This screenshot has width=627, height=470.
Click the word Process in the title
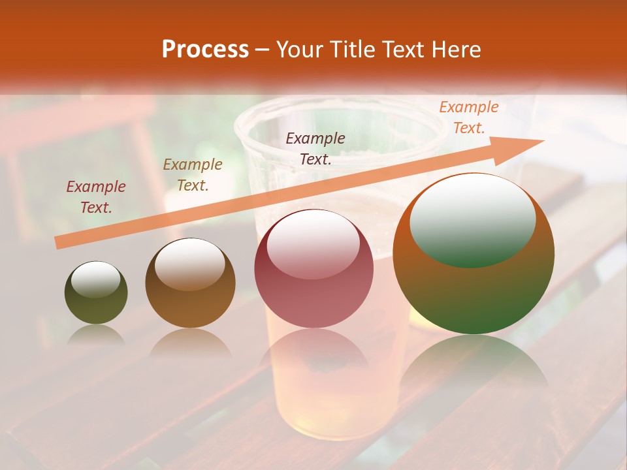point(205,50)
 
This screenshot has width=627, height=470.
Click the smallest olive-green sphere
point(96,292)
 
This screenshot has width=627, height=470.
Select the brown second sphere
point(190,283)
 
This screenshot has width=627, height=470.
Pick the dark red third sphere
point(313,269)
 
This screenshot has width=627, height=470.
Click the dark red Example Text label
point(96,197)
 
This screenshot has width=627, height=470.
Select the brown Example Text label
point(193,175)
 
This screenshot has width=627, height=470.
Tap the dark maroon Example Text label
point(315,149)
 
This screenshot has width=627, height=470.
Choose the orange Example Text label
point(468,117)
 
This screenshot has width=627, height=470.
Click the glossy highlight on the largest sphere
point(472,219)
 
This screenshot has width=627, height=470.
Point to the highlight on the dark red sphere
point(313,247)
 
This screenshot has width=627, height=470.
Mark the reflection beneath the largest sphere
point(474,359)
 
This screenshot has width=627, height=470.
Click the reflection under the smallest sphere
point(96,335)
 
